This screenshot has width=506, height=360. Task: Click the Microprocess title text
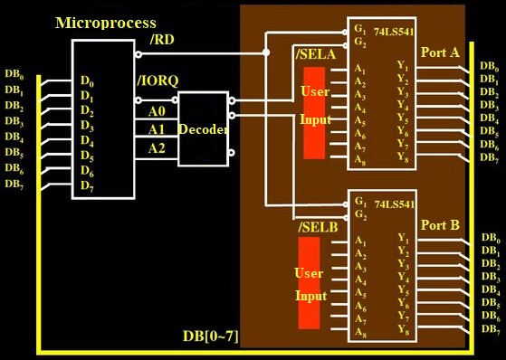tap(106, 24)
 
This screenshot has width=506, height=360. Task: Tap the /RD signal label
tap(162, 40)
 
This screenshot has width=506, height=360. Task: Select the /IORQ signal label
tap(158, 81)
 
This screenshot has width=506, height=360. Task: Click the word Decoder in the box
tap(203, 129)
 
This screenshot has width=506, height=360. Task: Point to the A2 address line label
tap(157, 148)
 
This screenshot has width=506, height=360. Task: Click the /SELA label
tap(316, 54)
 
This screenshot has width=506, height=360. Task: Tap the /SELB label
tap(318, 227)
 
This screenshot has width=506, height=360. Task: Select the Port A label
tap(440, 52)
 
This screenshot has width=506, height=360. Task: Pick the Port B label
tap(440, 225)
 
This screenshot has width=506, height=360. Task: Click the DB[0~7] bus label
tap(211, 336)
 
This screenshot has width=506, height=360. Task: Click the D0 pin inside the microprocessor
tap(86, 81)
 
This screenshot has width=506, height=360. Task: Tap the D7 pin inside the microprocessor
tap(87, 186)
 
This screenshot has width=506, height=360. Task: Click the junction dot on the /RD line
tap(266, 52)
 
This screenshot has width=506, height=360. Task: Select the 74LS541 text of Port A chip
tap(394, 33)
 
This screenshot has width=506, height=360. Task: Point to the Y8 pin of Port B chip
tap(404, 329)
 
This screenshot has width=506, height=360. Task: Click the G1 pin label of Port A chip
tap(360, 29)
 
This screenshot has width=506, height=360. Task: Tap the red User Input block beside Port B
tap(309, 283)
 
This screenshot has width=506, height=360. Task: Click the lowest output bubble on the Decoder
tap(231, 153)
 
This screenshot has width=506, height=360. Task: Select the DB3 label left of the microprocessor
tap(14, 121)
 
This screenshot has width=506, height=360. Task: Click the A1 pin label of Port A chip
tap(360, 69)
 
